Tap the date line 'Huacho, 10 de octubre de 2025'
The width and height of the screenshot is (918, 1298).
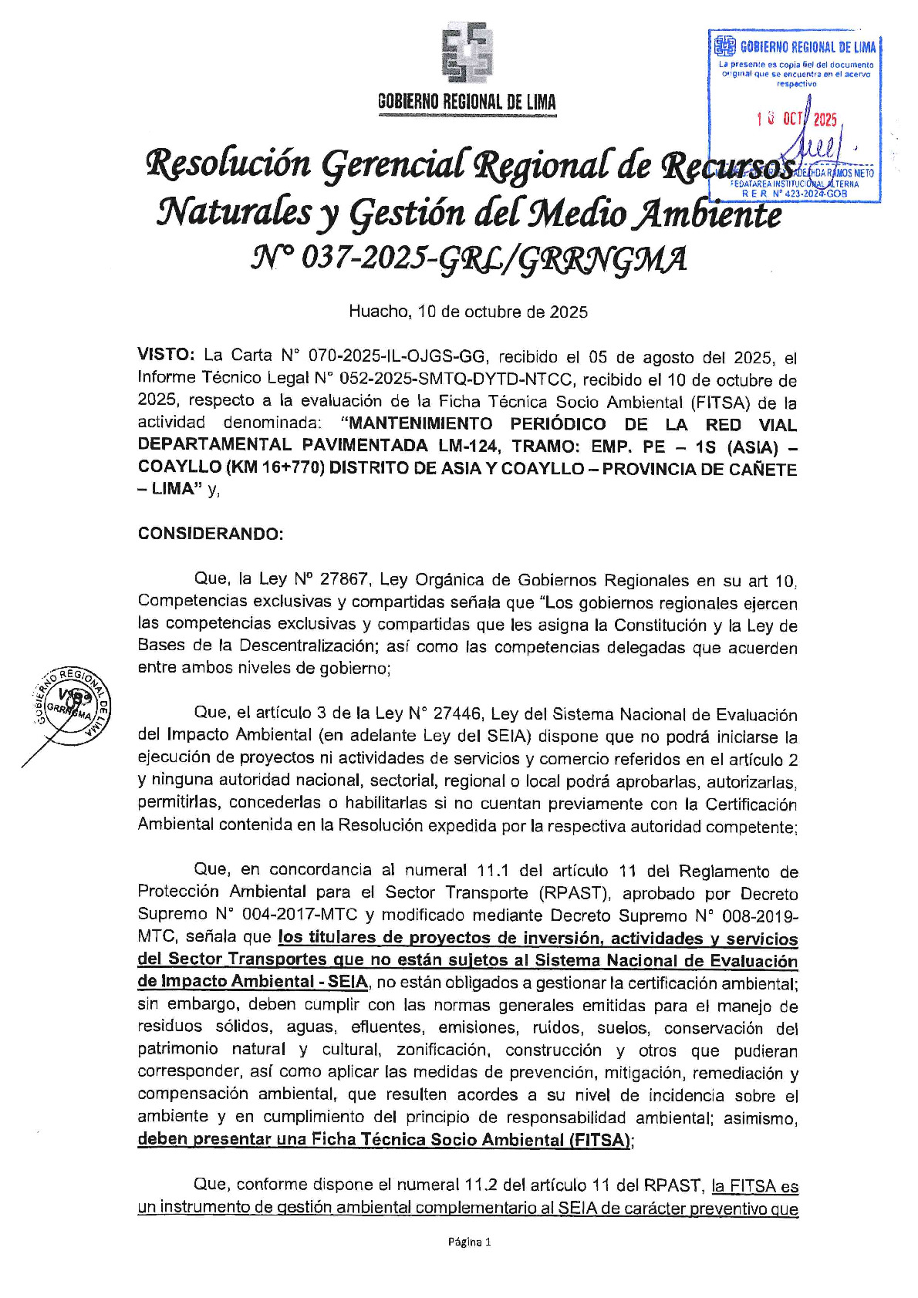tap(467, 312)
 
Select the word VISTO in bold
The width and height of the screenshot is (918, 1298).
tap(166, 355)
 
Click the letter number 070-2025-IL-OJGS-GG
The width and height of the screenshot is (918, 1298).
tap(397, 356)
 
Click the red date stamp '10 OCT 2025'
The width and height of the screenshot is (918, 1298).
tap(797, 119)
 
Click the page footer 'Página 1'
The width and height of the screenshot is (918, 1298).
tap(469, 1242)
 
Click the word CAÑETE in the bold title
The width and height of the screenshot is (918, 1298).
tap(761, 468)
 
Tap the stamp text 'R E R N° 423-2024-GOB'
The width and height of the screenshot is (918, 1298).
tap(795, 194)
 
